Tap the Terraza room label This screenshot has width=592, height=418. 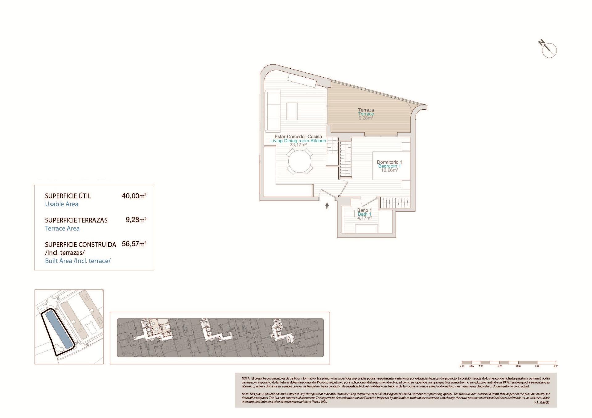366,110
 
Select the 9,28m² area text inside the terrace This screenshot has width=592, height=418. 366,118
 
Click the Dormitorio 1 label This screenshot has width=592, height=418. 389,162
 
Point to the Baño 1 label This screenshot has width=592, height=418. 364,210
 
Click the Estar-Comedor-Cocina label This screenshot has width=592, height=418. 298,136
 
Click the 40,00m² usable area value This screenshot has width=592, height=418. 134,196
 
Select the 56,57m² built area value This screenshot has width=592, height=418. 134,244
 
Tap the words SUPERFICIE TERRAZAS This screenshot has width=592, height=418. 76,220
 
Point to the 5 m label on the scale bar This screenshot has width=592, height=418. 556,366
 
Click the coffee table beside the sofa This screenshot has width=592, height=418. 292,111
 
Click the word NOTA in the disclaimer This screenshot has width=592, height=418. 246,378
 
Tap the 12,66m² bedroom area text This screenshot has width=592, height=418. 389,170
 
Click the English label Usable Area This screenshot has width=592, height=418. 62,204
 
